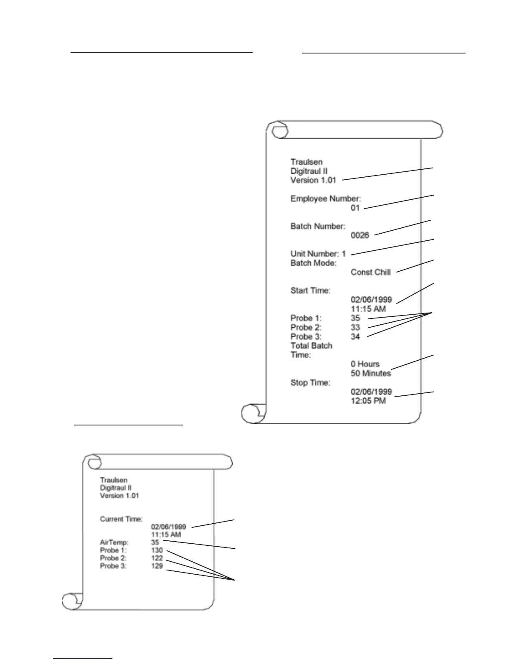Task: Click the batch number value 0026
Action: coord(360,235)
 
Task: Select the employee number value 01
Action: coord(355,208)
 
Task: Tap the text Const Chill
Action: coord(371,272)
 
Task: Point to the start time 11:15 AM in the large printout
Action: coord(368,309)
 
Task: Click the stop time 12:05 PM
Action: coord(368,401)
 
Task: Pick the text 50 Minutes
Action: coord(371,373)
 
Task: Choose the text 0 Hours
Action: coord(365,364)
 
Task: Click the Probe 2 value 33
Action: coord(355,327)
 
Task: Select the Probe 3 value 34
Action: coord(355,336)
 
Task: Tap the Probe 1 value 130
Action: coord(157,550)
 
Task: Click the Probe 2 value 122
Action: coord(157,558)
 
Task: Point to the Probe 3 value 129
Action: coord(157,566)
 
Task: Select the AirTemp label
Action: coord(114,542)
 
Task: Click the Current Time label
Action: coord(121,519)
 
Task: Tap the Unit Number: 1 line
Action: coord(318,254)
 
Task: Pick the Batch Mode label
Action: coord(314,263)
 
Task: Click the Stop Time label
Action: coord(310,382)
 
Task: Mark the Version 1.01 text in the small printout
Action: coord(119,496)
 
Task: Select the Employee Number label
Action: coord(326,199)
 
